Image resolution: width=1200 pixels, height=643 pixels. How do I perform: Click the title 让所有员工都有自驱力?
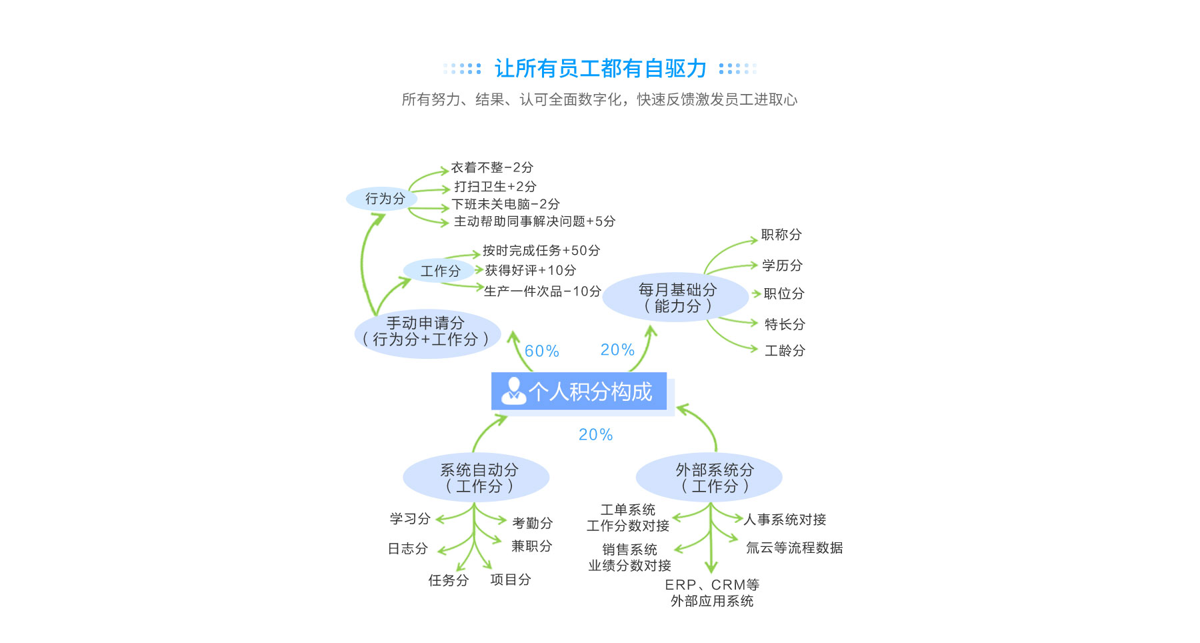600,68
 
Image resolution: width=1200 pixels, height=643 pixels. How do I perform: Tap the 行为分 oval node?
383,199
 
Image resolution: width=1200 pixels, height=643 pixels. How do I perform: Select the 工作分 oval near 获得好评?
439,271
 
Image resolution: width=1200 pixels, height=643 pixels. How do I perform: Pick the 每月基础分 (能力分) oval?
676,297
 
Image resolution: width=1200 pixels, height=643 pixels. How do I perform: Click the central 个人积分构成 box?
579,391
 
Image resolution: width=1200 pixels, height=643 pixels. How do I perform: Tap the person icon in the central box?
513,391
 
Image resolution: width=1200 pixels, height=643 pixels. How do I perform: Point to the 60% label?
541,351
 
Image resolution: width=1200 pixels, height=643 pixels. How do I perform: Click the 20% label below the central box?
595,435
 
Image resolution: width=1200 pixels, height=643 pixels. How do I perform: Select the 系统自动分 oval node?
476,478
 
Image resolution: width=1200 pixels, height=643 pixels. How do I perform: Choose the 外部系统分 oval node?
709,478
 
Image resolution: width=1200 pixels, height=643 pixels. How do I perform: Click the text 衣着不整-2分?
492,167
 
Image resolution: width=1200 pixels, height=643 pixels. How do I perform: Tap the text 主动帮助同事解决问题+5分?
535,221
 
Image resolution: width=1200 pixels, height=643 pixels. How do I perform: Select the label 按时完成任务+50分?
541,251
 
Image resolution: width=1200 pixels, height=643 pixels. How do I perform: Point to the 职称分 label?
781,235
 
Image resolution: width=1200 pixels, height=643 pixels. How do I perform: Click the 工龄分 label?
785,351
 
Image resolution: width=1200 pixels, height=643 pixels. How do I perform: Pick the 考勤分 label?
532,523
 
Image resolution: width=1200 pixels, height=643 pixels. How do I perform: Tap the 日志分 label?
408,549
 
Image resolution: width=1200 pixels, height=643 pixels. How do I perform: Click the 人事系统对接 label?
785,520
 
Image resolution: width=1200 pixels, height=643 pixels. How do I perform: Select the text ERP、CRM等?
712,585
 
